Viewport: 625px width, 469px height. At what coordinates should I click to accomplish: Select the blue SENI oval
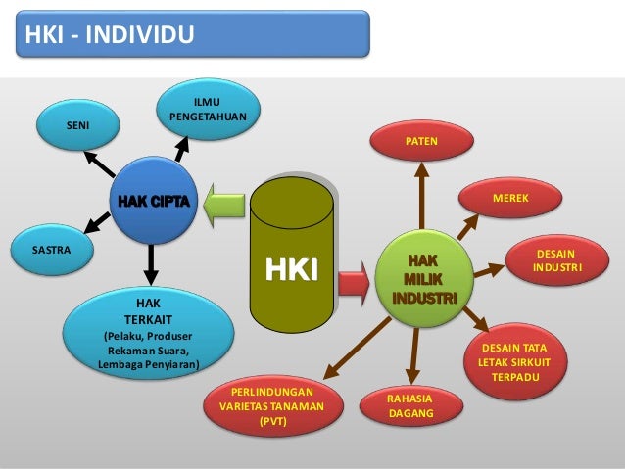[x=75, y=126]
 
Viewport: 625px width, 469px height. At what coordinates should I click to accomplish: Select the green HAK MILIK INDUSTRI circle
[x=422, y=277]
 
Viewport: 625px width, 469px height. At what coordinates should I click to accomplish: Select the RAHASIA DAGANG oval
[x=410, y=406]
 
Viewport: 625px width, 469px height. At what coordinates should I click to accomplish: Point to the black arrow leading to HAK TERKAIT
[x=151, y=259]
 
